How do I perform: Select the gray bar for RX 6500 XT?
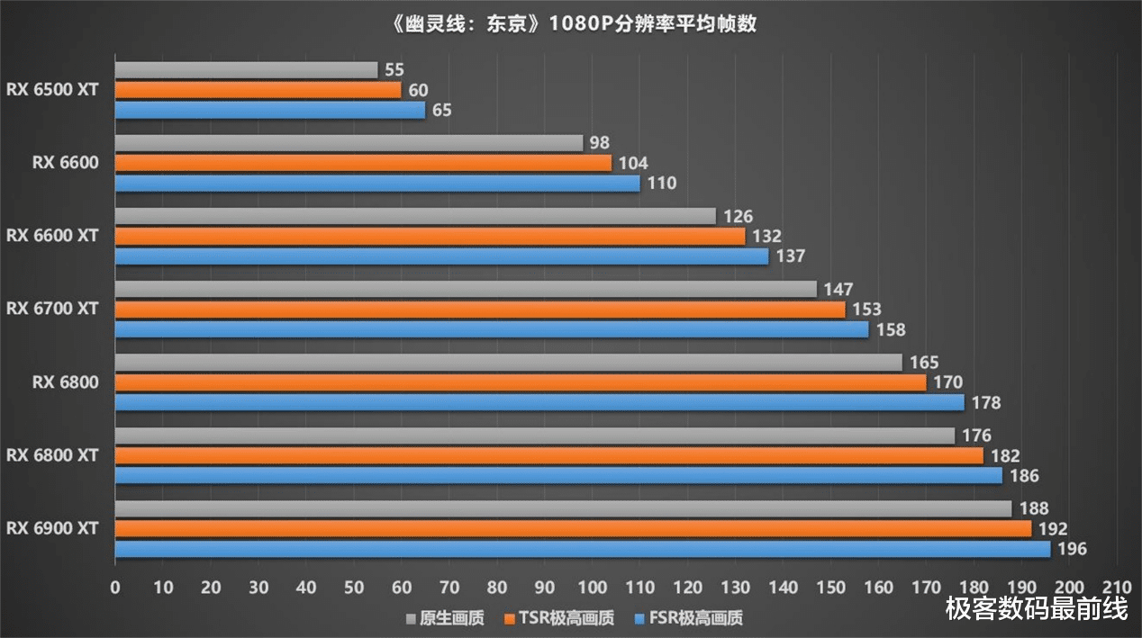pos(246,70)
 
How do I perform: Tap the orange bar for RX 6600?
pos(363,163)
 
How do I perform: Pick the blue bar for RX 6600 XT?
pos(441,256)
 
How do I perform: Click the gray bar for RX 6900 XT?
pos(563,509)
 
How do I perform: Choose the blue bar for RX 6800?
pos(539,402)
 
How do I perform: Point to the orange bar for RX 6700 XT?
pos(480,310)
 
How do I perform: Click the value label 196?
pos(1073,549)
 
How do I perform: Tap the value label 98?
pos(599,143)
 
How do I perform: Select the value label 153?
pos(867,310)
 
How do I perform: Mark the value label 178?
pos(986,402)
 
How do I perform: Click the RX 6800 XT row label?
pos(52,455)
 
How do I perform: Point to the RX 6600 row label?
pos(66,163)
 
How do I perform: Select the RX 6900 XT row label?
pos(52,528)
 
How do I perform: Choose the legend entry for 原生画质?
pos(447,618)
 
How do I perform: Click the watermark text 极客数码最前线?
pos(1037,609)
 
